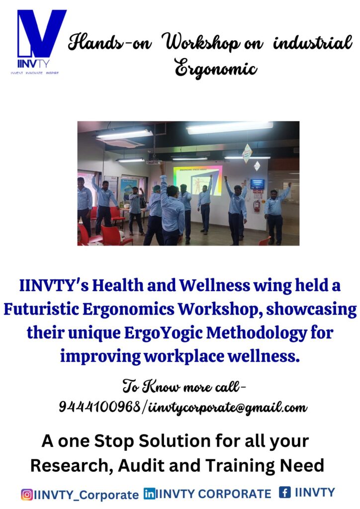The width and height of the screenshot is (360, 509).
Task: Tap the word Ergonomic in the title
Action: pos(216,69)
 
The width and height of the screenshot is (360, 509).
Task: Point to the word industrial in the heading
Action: pos(313,43)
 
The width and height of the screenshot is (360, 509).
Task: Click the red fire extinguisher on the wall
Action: pos(257,206)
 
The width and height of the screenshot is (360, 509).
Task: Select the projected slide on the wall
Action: pos(197,180)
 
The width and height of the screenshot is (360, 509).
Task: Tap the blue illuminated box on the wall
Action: pos(257,184)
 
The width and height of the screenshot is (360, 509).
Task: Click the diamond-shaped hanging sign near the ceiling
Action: pos(247,153)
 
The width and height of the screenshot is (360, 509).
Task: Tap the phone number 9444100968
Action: pos(99,406)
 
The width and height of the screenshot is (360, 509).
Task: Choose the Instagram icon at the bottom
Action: pos(27,495)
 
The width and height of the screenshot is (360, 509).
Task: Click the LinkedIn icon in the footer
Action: pos(149,494)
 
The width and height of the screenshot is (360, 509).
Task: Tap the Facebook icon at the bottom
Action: pos(285,492)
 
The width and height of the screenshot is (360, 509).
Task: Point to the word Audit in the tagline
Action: pos(141,465)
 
